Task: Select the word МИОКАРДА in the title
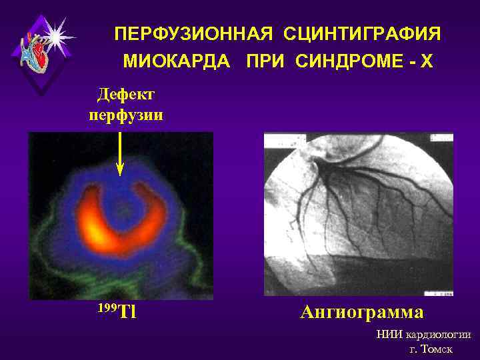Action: coord(177,62)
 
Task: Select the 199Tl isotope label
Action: coord(117,311)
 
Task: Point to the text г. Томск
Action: coord(431,350)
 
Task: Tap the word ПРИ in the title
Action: coord(265,62)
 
